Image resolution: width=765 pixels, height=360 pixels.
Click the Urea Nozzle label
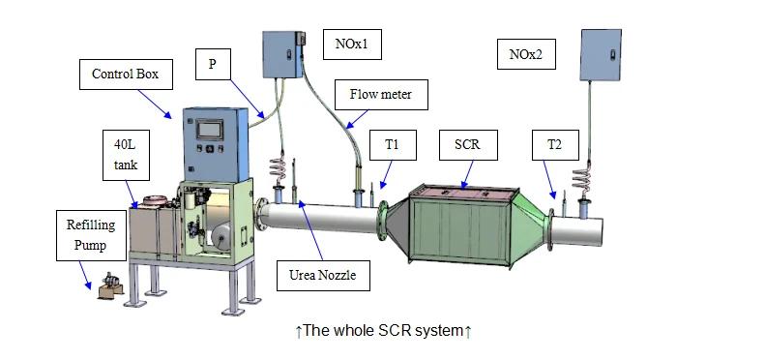pyautogui.click(x=323, y=275)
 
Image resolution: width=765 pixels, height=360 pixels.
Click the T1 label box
pyautogui.click(x=393, y=144)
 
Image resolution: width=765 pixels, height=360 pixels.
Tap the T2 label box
pyautogui.click(x=554, y=144)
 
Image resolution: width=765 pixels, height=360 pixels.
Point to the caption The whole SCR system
pyautogui.click(x=384, y=332)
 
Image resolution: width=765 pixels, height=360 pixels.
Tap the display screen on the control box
pyautogui.click(x=210, y=131)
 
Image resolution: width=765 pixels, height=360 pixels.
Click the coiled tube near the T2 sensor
pyautogui.click(x=585, y=178)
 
